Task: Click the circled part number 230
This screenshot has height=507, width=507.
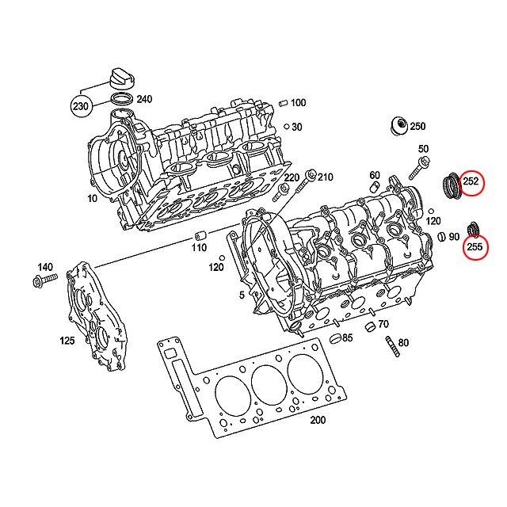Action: (x=81, y=105)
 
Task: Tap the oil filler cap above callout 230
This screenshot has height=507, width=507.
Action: (x=122, y=78)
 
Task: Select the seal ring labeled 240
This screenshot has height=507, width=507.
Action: (x=122, y=98)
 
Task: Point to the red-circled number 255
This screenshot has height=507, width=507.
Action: (x=475, y=247)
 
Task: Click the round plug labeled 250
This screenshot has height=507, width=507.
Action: (x=399, y=126)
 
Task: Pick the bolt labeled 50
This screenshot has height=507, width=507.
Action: (x=419, y=168)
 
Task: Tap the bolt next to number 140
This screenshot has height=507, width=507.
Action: (x=45, y=280)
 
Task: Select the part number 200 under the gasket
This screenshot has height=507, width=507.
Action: (x=318, y=420)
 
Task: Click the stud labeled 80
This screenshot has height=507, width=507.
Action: (x=392, y=346)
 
